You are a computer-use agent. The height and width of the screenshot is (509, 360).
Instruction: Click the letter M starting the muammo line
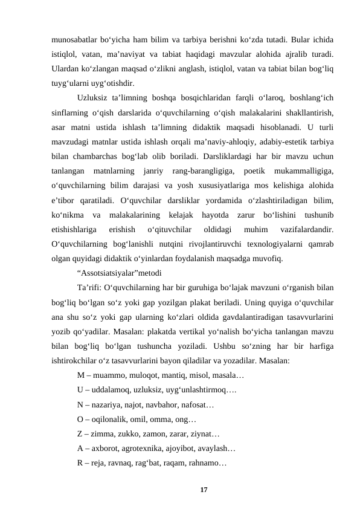tap(81, 375)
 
